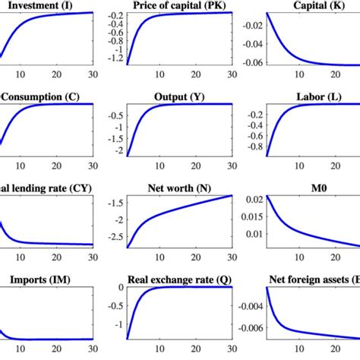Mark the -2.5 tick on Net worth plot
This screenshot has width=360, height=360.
click(x=113, y=238)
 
